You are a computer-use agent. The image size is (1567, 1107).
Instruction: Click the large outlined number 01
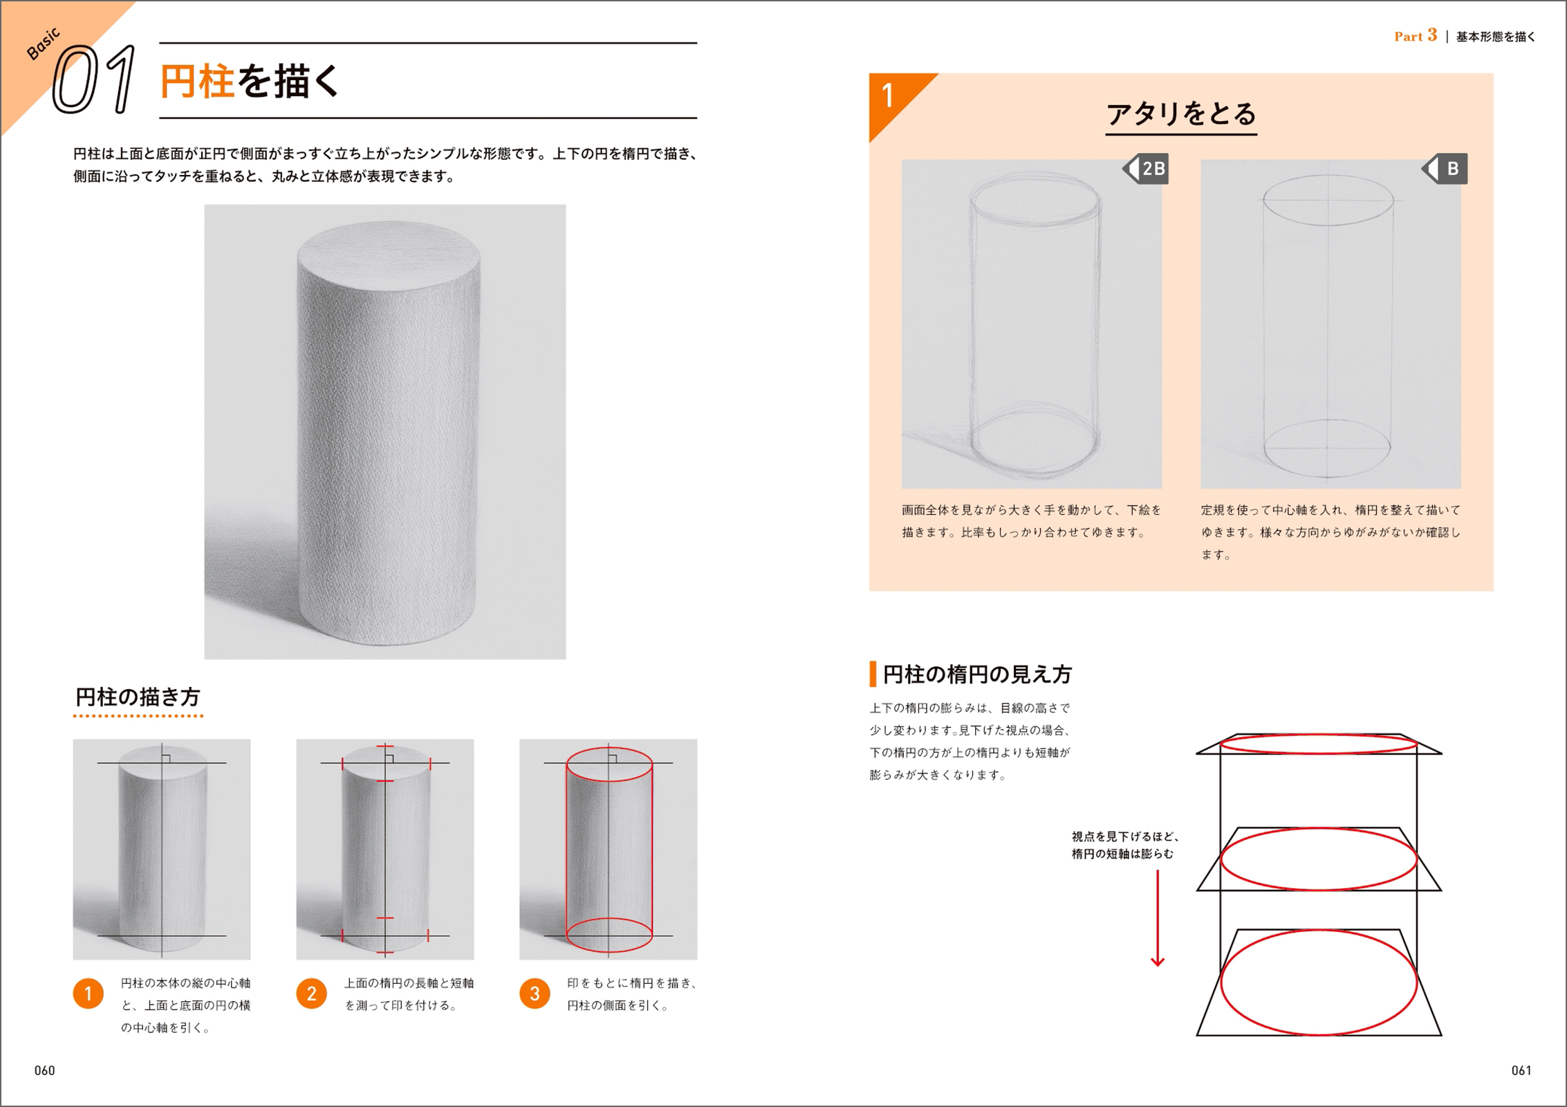click(94, 80)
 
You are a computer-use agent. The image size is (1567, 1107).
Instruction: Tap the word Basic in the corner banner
click(43, 44)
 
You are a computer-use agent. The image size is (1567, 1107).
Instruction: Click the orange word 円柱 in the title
click(197, 82)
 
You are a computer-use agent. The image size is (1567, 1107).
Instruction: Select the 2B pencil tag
click(1145, 168)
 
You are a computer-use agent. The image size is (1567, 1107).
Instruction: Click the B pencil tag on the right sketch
click(1445, 168)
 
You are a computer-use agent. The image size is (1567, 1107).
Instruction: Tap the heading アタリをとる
click(1181, 114)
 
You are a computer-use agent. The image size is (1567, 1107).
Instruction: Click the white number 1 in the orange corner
click(888, 95)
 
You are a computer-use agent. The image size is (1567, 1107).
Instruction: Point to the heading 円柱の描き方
click(138, 697)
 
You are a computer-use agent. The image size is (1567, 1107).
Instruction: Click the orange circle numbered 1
click(89, 994)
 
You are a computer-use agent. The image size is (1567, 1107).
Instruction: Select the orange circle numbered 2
click(312, 994)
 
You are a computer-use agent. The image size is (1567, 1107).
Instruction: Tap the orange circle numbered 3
click(535, 994)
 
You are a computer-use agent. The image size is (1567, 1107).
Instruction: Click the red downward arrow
click(1158, 918)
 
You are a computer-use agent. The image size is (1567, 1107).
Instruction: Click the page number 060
click(45, 1071)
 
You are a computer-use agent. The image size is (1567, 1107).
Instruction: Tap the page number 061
click(1521, 1071)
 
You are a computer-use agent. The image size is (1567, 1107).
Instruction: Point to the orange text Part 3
click(1416, 36)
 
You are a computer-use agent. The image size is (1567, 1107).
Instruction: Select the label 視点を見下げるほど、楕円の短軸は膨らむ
click(1124, 845)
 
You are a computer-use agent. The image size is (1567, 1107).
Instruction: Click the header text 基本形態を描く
click(1496, 37)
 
